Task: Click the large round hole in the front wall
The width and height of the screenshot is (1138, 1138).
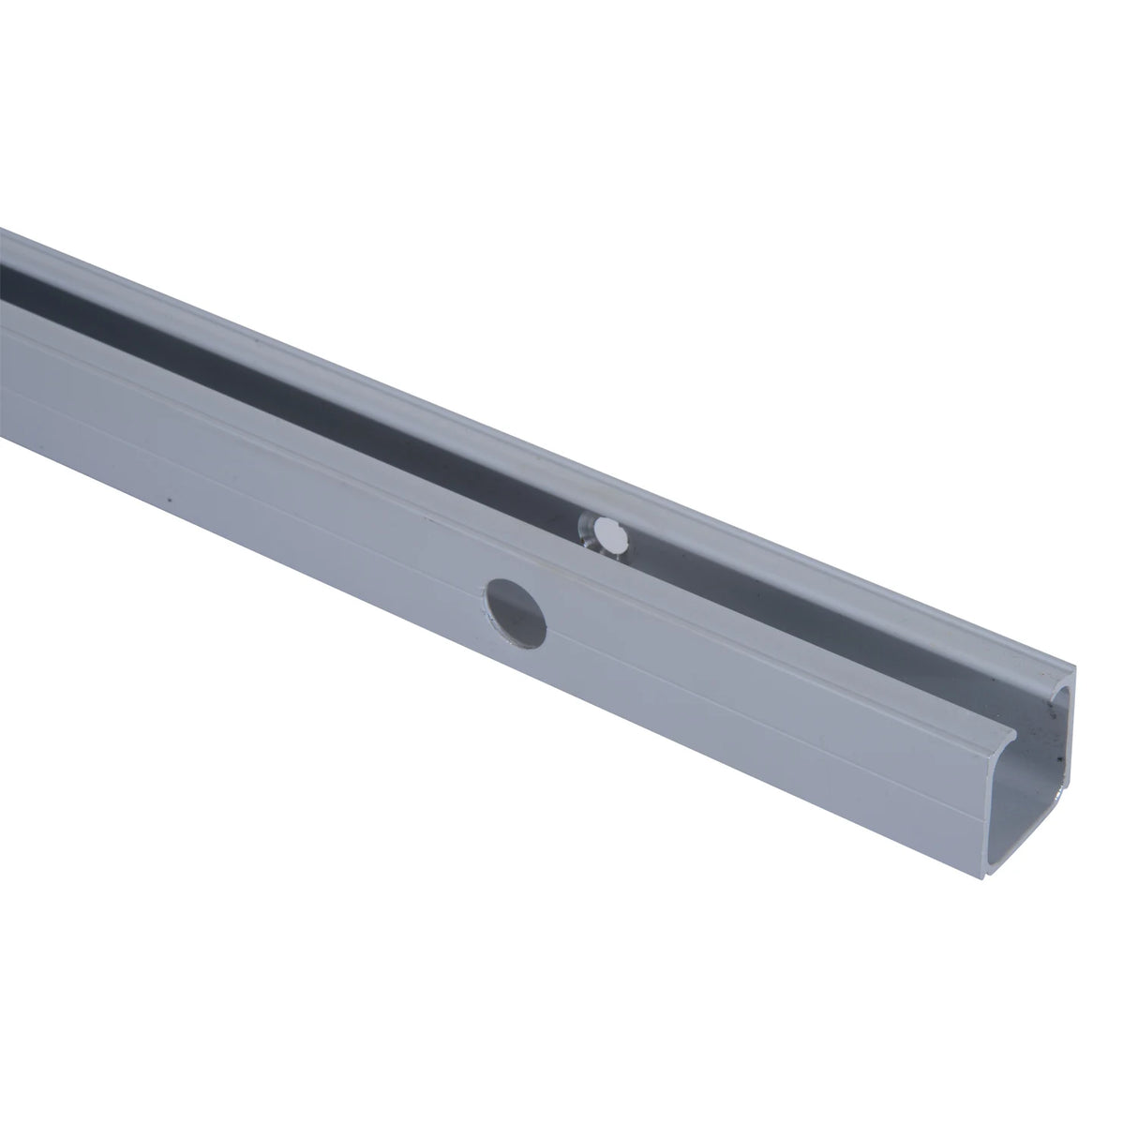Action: click(516, 611)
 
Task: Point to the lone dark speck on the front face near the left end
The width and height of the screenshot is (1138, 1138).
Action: click(169, 500)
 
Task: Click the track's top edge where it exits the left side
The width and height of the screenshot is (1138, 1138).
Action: click(3, 229)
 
